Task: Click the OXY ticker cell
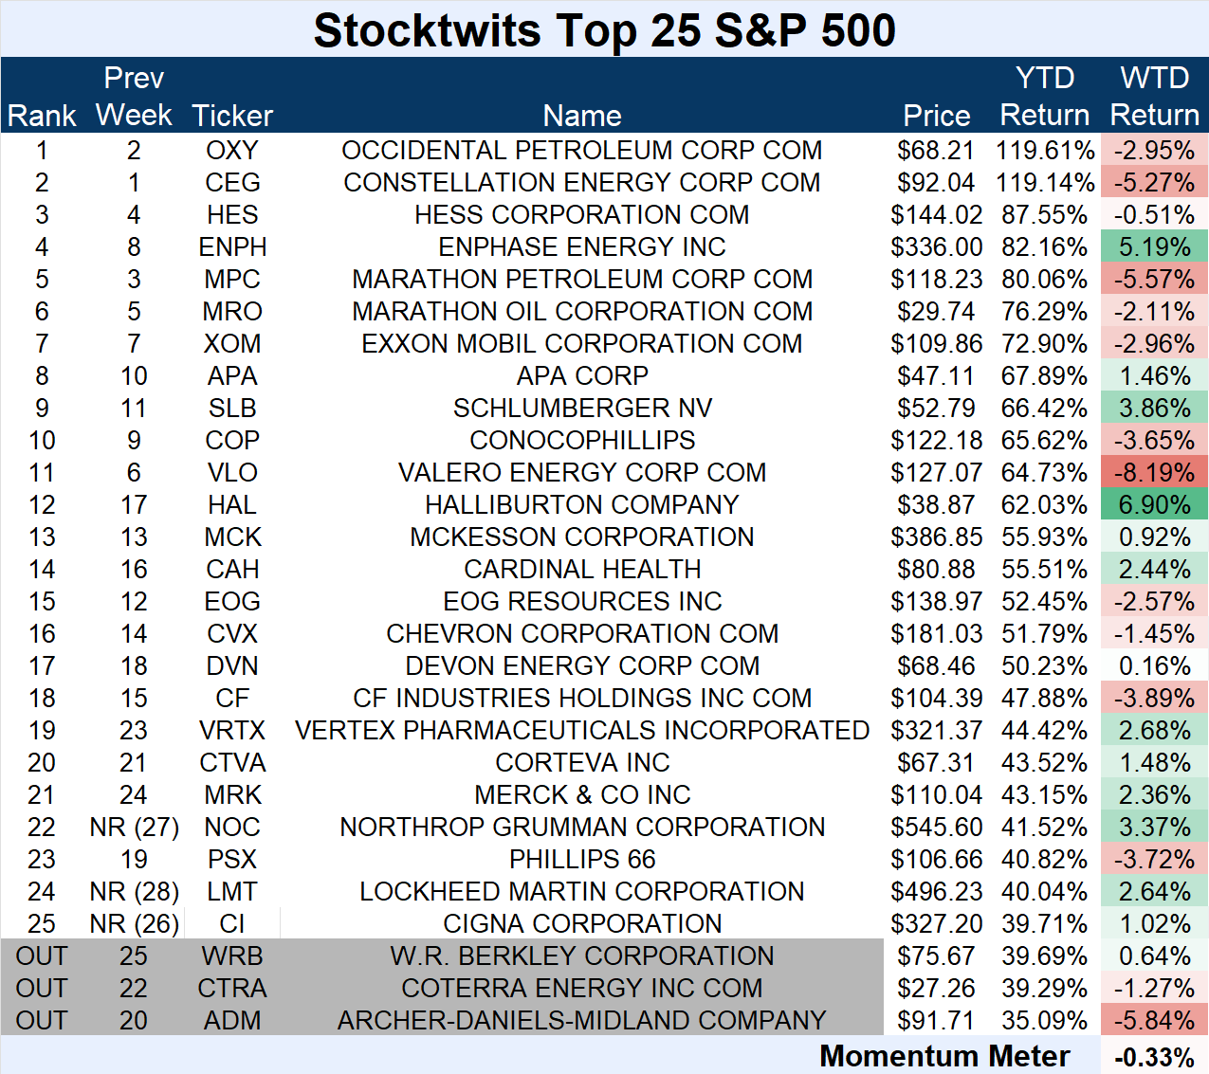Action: coord(232,151)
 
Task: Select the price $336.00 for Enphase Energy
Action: coord(936,247)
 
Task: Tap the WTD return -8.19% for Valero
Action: coord(1154,473)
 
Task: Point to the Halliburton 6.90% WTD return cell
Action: coord(1154,505)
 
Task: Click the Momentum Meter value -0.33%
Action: coord(1154,1057)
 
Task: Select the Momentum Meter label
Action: coord(944,1056)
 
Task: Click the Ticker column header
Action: coord(232,116)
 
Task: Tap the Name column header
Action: coord(582,116)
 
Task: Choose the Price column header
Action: coord(936,116)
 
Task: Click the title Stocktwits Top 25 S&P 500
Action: coord(604,30)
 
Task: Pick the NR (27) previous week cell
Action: coord(134,828)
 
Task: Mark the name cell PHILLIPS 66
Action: coord(582,860)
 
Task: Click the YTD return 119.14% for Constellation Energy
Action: coord(1044,183)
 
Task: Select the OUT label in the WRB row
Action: coord(42,956)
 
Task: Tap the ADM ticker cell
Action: coord(232,1021)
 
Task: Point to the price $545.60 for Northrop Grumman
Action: coord(936,828)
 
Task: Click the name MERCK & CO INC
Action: coord(582,795)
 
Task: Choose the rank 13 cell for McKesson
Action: coord(42,537)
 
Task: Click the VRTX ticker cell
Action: coord(232,731)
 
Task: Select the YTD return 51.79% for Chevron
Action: coord(1044,634)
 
